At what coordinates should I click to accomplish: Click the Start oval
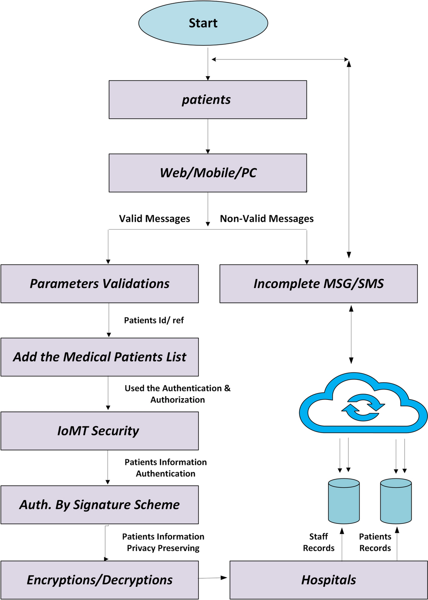pyautogui.click(x=203, y=23)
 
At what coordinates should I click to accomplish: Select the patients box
pyautogui.click(x=207, y=99)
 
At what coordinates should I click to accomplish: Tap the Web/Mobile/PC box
pyautogui.click(x=207, y=173)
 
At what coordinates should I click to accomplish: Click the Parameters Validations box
pyautogui.click(x=99, y=284)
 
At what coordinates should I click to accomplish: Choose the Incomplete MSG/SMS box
pyautogui.click(x=318, y=284)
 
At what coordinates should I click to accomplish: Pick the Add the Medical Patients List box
pyautogui.click(x=99, y=357)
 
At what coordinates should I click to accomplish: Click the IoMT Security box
pyautogui.click(x=99, y=431)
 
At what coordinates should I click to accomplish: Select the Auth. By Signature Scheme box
pyautogui.click(x=99, y=505)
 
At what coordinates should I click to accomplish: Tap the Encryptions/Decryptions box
pyautogui.click(x=99, y=580)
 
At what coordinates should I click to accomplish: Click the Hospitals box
pyautogui.click(x=329, y=580)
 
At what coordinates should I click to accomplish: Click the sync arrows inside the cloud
pyautogui.click(x=363, y=407)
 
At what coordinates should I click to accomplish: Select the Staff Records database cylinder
pyautogui.click(x=344, y=501)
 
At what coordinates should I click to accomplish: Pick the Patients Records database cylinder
pyautogui.click(x=396, y=501)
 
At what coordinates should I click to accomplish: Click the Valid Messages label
pyautogui.click(x=154, y=219)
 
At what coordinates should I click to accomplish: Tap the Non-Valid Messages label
pyautogui.click(x=267, y=219)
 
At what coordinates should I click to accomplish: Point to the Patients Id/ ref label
pyautogui.click(x=154, y=320)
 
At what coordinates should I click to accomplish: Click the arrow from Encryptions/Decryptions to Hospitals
pyautogui.click(x=213, y=578)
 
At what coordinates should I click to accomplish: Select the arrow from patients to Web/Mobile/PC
pyautogui.click(x=208, y=136)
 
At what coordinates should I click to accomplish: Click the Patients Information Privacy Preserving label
pyautogui.click(x=163, y=542)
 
